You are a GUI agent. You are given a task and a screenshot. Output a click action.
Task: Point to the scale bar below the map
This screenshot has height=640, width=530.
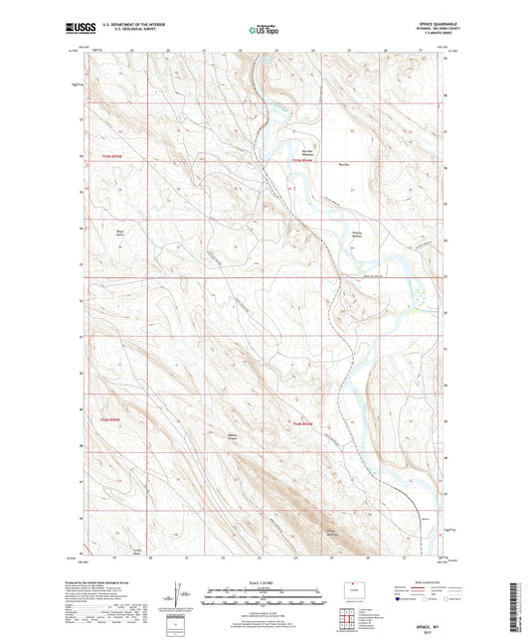(265, 596)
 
